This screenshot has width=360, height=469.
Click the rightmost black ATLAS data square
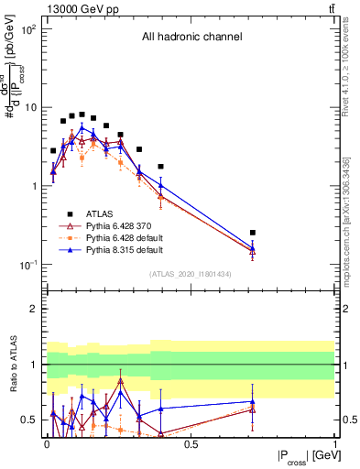point(253,233)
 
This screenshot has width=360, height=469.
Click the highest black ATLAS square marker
point(82,115)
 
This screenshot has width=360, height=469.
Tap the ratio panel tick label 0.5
point(30,420)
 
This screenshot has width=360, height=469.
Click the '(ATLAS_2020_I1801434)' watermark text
point(191,273)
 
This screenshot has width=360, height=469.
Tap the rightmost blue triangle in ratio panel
point(253,401)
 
